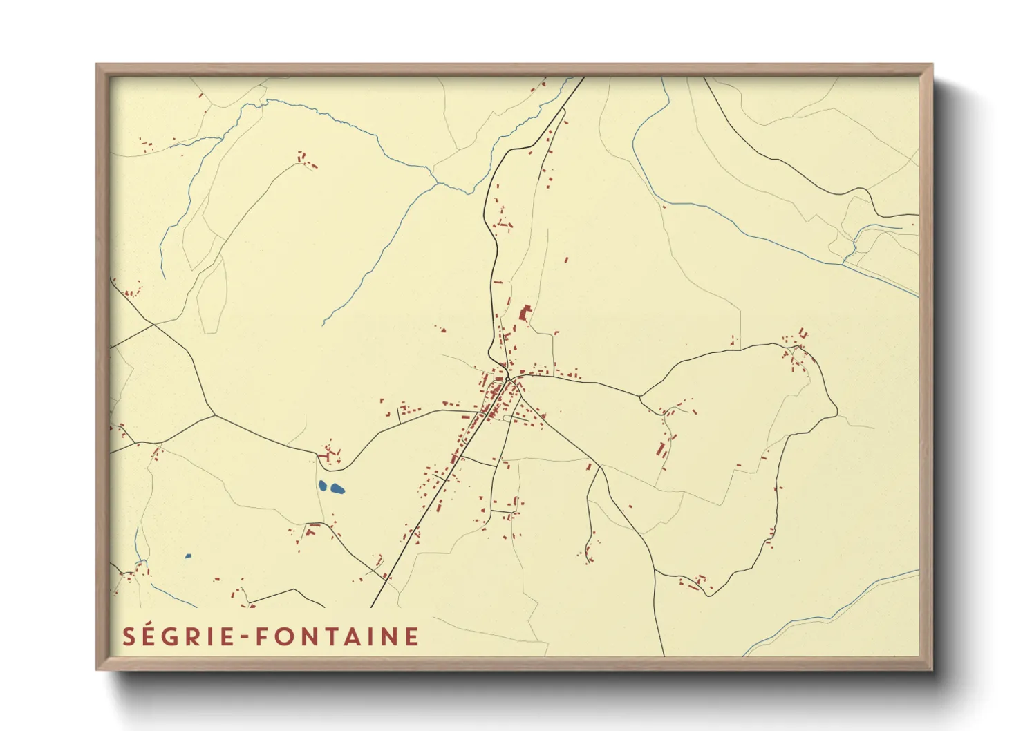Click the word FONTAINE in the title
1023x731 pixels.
pos(337,636)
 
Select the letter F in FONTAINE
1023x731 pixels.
pos(263,636)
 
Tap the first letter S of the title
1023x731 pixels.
pos(129,636)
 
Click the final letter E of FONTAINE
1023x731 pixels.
pos(413,636)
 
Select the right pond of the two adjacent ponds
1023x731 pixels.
pos(337,489)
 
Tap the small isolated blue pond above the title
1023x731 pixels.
pos(188,556)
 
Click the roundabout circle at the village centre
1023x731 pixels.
pos(507,379)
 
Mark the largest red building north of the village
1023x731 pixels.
pos(526,313)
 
